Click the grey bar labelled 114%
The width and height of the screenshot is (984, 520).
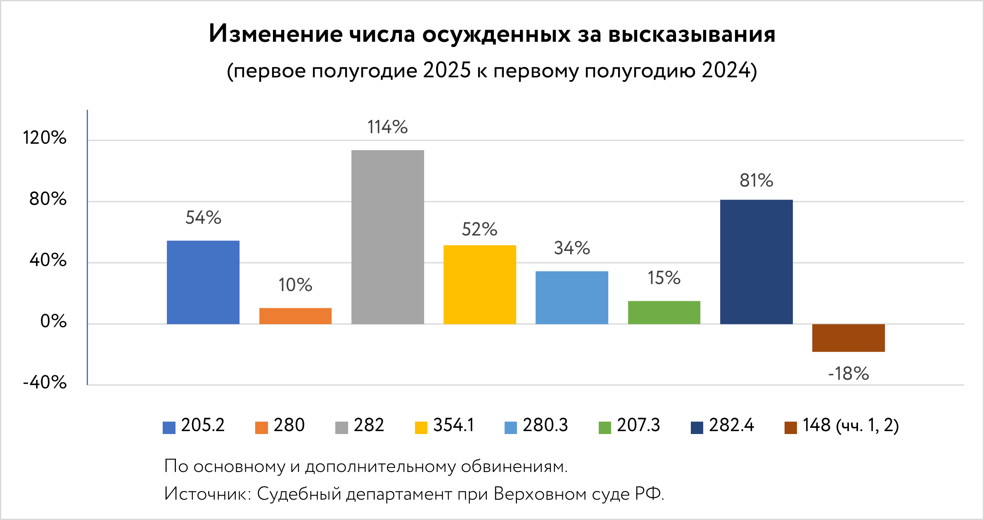(387, 237)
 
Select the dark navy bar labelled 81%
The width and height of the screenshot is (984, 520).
(756, 262)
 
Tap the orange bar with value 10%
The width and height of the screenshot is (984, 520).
(295, 316)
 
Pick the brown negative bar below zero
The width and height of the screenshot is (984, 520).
(848, 338)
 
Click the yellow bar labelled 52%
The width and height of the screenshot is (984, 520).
(479, 284)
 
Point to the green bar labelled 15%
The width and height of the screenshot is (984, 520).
(664, 312)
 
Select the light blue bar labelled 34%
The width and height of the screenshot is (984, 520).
(572, 298)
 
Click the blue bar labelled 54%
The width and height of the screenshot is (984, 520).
(203, 282)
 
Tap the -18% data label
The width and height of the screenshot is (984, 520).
(849, 374)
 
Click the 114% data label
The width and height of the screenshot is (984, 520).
(387, 127)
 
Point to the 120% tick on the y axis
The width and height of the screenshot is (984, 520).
(45, 138)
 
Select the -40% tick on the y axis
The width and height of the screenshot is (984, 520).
(45, 382)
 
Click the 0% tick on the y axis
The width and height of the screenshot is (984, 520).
(53, 321)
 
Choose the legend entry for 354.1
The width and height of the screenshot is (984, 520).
(445, 425)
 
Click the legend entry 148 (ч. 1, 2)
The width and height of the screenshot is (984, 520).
(842, 426)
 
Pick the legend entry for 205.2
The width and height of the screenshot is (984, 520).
(194, 425)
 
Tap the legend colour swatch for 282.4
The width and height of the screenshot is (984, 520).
(697, 428)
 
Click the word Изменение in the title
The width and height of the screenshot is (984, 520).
(275, 34)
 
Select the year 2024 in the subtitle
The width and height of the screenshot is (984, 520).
(726, 70)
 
